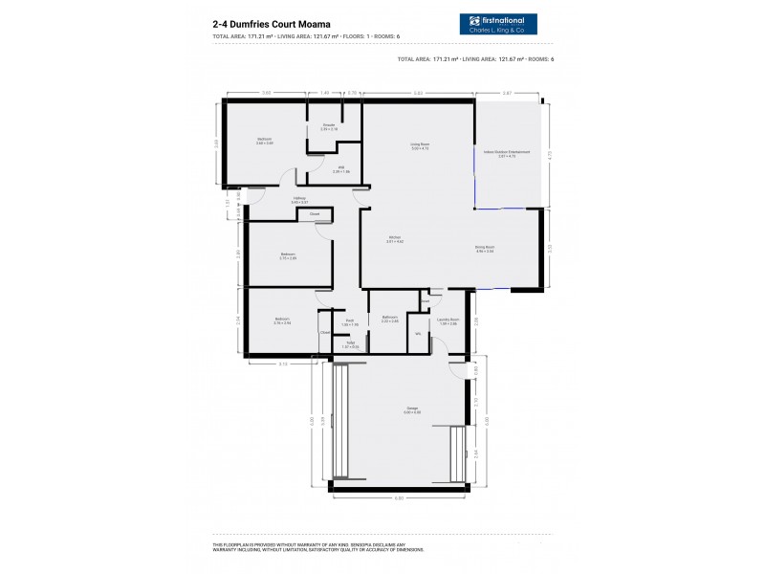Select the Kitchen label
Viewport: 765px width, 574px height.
[394, 239]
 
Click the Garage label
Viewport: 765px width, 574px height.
[411, 409]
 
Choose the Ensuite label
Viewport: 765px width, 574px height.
[329, 126]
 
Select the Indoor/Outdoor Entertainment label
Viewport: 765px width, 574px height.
[506, 153]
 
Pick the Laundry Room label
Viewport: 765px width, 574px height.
[448, 321]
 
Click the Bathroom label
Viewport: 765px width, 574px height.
[389, 319]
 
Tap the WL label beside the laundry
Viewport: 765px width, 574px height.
[418, 333]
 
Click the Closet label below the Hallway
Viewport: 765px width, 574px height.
[315, 214]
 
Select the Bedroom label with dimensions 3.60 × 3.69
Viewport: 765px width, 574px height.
[265, 141]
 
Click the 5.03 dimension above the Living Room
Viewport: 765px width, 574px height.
[418, 93]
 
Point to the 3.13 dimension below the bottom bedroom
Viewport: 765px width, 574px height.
[283, 364]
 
